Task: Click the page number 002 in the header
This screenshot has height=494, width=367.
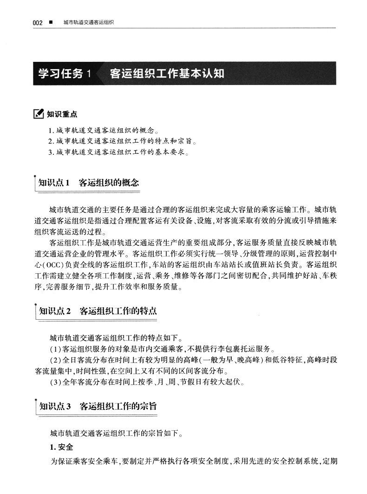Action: click(38, 22)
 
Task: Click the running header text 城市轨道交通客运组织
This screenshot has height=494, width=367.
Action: click(89, 22)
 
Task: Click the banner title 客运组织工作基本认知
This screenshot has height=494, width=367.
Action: click(167, 73)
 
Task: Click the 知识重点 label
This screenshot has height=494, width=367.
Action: click(62, 113)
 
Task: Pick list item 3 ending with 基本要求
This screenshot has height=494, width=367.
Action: click(118, 152)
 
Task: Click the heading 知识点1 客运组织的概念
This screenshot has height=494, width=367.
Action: click(89, 182)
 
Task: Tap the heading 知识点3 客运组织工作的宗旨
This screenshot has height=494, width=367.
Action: click(98, 406)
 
